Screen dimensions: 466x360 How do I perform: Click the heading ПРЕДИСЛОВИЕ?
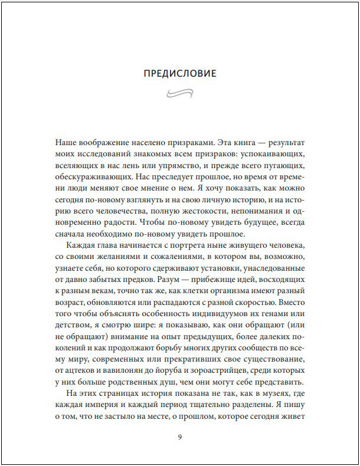point(180,74)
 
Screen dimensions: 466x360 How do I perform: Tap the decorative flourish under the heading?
point(180,92)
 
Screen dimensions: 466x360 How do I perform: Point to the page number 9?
point(180,437)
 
